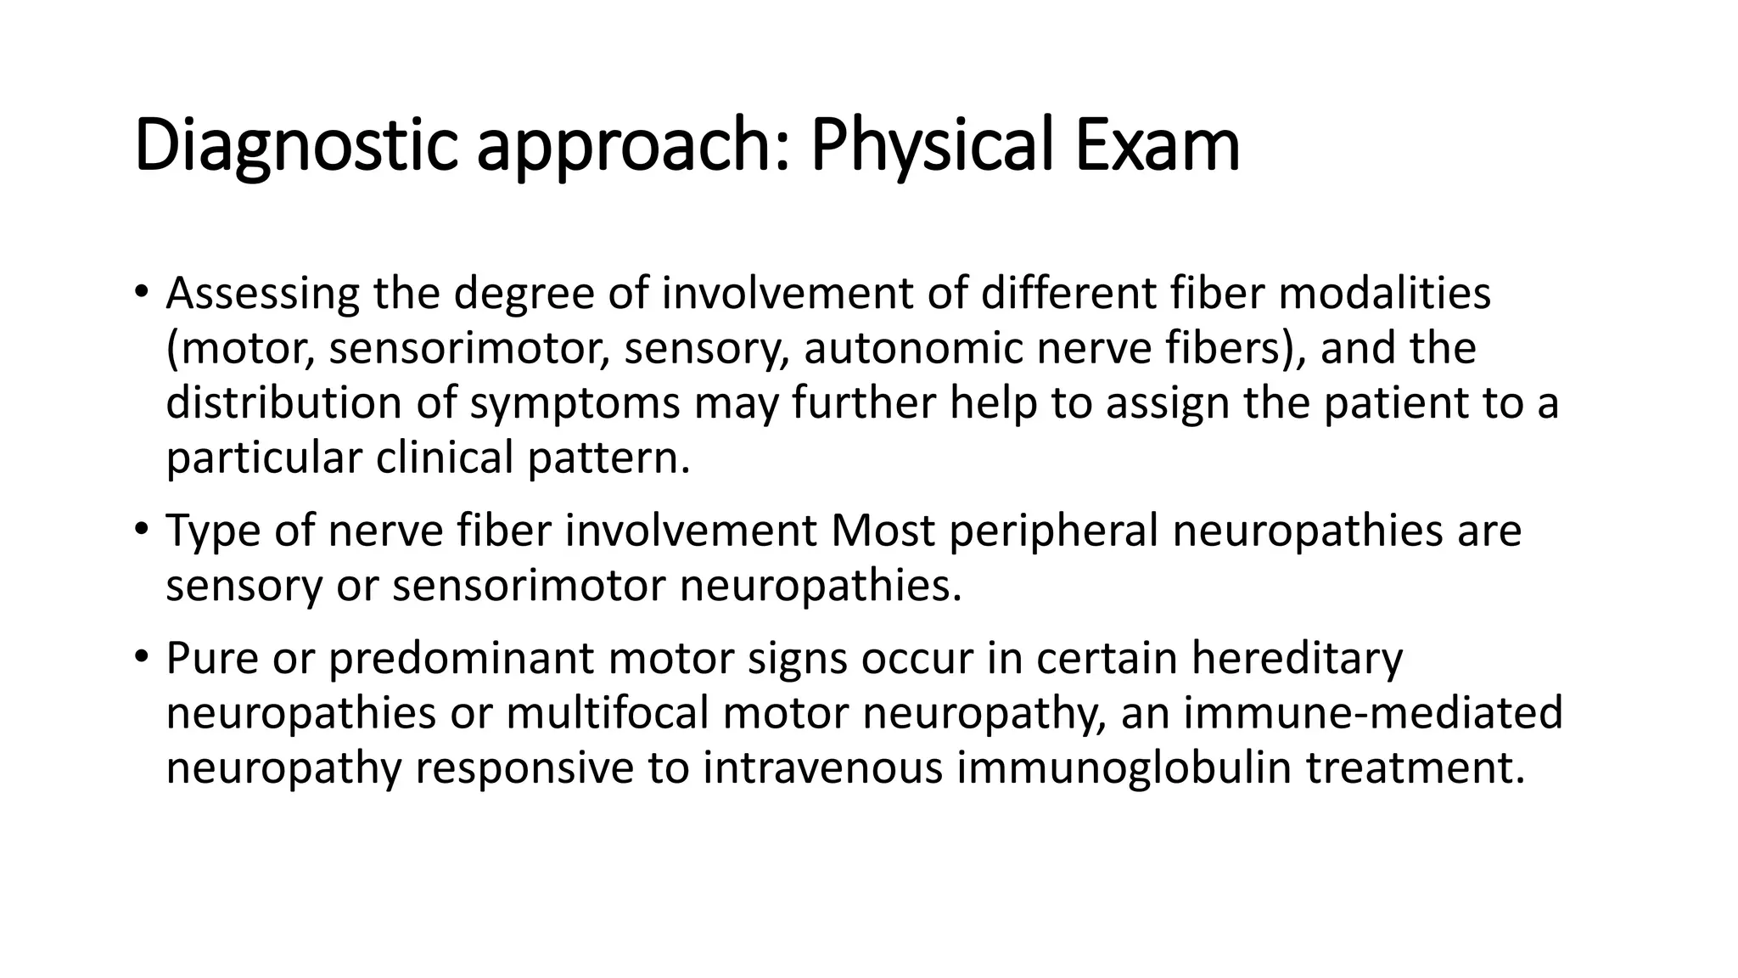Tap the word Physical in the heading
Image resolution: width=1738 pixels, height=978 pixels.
[932, 146]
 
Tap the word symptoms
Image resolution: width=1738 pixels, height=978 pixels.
[575, 404]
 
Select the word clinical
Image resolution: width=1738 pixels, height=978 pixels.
[445, 458]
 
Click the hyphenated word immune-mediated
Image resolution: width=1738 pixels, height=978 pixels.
[1373, 712]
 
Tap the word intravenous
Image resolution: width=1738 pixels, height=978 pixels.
[822, 767]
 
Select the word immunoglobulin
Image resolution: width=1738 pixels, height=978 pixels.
[1124, 767]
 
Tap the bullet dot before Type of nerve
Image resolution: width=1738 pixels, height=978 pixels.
[142, 531]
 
